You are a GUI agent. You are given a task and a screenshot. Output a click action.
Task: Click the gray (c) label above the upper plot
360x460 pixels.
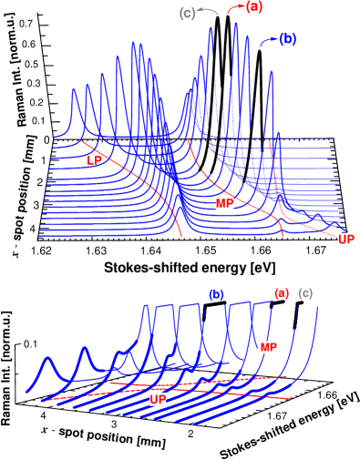pyautogui.click(x=187, y=14)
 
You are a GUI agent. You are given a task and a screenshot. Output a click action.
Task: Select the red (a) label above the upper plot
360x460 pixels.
pyautogui.click(x=253, y=7)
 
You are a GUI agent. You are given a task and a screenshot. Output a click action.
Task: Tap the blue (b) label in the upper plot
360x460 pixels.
pyautogui.click(x=287, y=39)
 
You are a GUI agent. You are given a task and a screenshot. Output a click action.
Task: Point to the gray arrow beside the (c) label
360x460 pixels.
pyautogui.click(x=209, y=11)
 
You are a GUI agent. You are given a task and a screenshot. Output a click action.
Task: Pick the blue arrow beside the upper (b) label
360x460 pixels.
pyautogui.click(x=268, y=41)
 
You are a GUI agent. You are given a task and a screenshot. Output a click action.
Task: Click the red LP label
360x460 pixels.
pyautogui.click(x=95, y=160)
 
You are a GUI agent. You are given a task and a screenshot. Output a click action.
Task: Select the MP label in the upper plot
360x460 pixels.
pyautogui.click(x=224, y=203)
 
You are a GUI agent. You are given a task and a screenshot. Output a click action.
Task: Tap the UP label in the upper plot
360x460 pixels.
pyautogui.click(x=345, y=240)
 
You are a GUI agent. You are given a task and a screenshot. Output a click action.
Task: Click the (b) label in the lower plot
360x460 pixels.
pyautogui.click(x=216, y=294)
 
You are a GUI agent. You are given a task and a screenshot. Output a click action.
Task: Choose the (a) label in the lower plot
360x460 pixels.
pyautogui.click(x=282, y=292)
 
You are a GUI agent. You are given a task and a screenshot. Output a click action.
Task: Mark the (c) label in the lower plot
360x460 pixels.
pyautogui.click(x=305, y=292)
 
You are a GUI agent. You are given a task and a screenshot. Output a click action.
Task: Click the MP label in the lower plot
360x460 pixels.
pyautogui.click(x=268, y=347)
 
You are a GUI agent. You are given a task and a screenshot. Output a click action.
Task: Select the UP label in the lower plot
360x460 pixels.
pyautogui.click(x=158, y=399)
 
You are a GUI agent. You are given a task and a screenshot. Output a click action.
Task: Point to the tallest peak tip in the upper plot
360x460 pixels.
pyautogui.click(x=235, y=24)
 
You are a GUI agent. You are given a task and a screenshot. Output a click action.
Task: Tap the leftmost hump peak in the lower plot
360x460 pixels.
pyautogui.click(x=47, y=359)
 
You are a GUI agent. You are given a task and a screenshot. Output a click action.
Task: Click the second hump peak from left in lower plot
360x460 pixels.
pyautogui.click(x=84, y=348)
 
